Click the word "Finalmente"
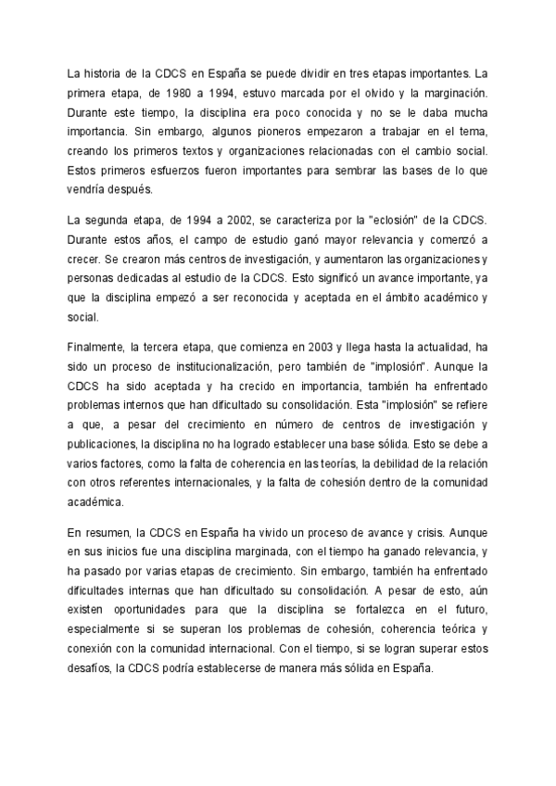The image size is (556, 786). click(x=96, y=348)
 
